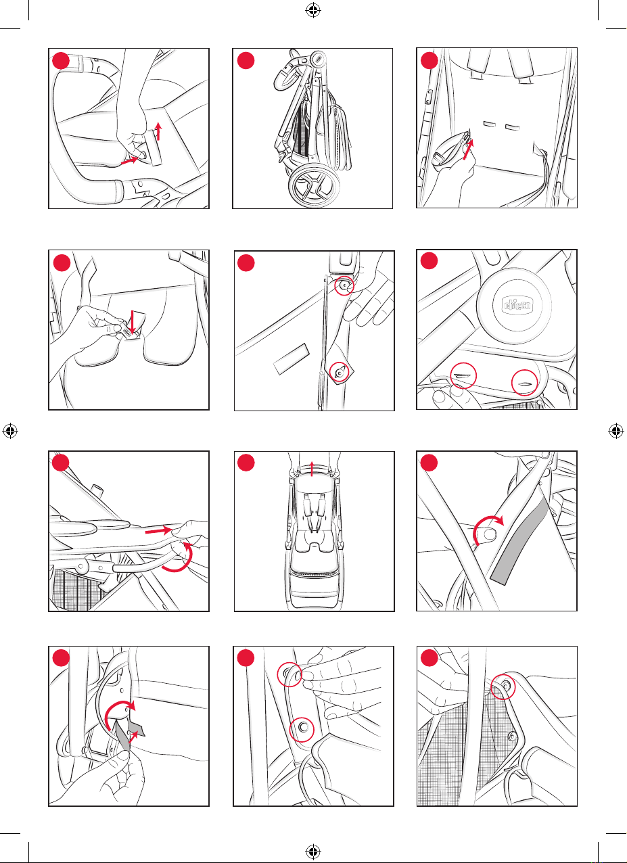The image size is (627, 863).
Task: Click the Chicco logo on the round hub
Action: (517, 305)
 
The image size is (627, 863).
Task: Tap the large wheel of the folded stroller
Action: (315, 185)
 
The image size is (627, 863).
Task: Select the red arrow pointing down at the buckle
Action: (133, 322)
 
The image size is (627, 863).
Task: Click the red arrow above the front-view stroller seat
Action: (312, 469)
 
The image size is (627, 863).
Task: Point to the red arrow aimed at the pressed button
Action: (129, 160)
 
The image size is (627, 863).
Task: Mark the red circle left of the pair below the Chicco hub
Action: (463, 375)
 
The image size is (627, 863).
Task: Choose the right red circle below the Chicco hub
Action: (524, 383)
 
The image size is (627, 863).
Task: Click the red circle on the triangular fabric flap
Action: (340, 372)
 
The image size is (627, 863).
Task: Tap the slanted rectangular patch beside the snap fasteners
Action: (292, 359)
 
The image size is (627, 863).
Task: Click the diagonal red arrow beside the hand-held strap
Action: (468, 150)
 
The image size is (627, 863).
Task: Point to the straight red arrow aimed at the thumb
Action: (159, 531)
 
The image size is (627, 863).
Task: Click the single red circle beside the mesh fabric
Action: (503, 686)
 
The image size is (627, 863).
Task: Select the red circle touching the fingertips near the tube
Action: (289, 674)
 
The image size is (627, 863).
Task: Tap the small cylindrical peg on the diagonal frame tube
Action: (97, 490)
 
